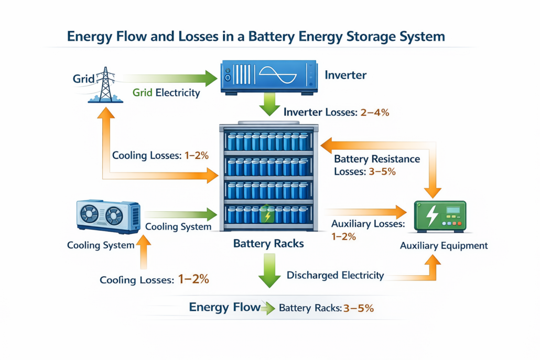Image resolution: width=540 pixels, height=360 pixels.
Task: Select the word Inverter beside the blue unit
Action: point(345,75)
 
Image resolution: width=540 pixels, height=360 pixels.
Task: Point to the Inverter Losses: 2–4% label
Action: point(336,112)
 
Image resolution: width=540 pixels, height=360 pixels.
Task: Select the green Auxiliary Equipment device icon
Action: point(440,215)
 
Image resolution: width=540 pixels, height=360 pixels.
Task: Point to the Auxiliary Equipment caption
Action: point(444,245)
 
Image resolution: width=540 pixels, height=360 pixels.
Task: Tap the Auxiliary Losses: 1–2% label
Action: point(368,230)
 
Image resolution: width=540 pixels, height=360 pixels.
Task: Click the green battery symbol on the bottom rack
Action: point(267,215)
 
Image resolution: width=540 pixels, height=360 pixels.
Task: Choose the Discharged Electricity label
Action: point(335,275)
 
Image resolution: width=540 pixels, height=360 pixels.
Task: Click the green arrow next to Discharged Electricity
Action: point(269,270)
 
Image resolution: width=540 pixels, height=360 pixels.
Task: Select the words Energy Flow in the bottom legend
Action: point(224,307)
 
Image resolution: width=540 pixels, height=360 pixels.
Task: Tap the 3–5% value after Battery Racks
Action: point(359,308)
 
